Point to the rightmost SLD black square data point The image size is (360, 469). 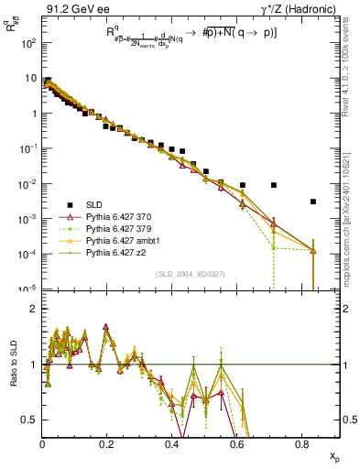pos(313,202)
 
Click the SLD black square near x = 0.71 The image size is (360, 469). pos(274,185)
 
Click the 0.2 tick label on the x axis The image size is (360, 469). pos(108,444)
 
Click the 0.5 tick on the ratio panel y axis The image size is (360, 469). pos(29,420)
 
